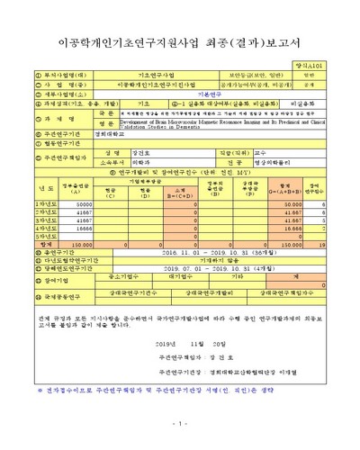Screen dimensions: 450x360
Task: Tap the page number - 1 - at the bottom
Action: [180, 422]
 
